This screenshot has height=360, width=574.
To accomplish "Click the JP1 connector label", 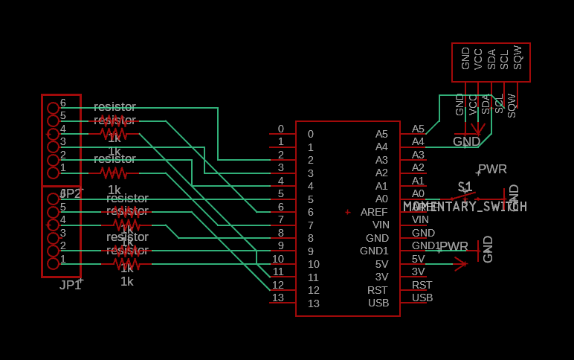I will pyautogui.click(x=70, y=284).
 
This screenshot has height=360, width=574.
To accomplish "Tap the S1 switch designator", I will pyautogui.click(x=465, y=187).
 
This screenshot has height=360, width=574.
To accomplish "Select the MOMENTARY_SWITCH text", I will pyautogui.click(x=465, y=207).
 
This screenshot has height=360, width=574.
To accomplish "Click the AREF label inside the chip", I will pyautogui.click(x=374, y=212).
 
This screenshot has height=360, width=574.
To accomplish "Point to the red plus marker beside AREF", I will pyautogui.click(x=347, y=212).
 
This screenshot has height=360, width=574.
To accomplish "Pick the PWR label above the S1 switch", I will pyautogui.click(x=492, y=170).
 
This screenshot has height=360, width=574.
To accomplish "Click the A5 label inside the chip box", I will pyautogui.click(x=381, y=134).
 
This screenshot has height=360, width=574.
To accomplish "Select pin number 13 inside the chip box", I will pyautogui.click(x=313, y=303).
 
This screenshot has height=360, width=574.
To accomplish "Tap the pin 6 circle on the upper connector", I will pyautogui.click(x=53, y=108).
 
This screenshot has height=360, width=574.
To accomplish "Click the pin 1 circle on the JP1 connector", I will pyautogui.click(x=53, y=263).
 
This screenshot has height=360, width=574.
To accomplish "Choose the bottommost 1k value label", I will pyautogui.click(x=127, y=281).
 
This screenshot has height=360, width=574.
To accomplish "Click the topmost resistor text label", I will pyautogui.click(x=115, y=107).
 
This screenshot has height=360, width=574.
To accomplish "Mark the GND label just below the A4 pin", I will pyautogui.click(x=467, y=141).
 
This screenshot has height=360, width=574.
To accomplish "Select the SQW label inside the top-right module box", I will pyautogui.click(x=517, y=58).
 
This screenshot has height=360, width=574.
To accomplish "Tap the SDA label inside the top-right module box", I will pyautogui.click(x=491, y=60).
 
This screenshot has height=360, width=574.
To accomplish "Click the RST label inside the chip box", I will pyautogui.click(x=378, y=290).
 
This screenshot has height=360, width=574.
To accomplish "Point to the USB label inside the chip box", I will pyautogui.click(x=378, y=303).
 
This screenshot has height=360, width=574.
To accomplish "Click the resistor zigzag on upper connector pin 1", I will pyautogui.click(x=114, y=173).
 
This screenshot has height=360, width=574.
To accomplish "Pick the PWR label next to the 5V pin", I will pyautogui.click(x=454, y=246).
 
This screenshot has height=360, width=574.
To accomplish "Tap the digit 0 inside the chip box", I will pyautogui.click(x=310, y=134).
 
